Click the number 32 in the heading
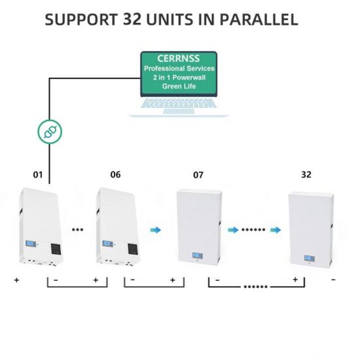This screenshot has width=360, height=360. pyautogui.click(x=132, y=19)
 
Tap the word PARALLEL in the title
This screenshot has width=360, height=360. pyautogui.click(x=259, y=19)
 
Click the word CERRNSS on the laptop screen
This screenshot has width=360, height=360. pyautogui.click(x=179, y=58)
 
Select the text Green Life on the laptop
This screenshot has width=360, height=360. pyautogui.click(x=179, y=86)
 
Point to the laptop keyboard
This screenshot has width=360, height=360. pyautogui.click(x=179, y=103)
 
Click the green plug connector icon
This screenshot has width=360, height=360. pyautogui.click(x=50, y=132)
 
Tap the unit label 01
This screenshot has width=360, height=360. pyautogui.click(x=38, y=175)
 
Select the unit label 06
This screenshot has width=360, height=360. pyautogui.click(x=115, y=175)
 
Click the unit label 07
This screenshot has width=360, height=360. pyautogui.click(x=198, y=175)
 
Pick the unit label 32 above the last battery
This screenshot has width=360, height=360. pyautogui.click(x=306, y=175)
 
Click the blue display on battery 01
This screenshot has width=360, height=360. pyautogui.click(x=30, y=243)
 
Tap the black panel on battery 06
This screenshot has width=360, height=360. pyautogui.click(x=133, y=249)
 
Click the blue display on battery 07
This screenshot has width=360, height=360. pyautogui.click(x=198, y=255)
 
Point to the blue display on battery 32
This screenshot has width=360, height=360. pyautogui.click(x=309, y=259)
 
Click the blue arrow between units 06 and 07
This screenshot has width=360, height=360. pyautogui.click(x=156, y=230)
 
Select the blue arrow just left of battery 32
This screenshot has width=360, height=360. pyautogui.click(x=276, y=230)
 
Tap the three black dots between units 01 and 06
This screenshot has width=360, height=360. pyautogui.click(x=78, y=230)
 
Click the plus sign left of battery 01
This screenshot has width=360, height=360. pyautogui.click(x=16, y=280)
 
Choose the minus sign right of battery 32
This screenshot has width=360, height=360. pyautogui.click(x=333, y=279)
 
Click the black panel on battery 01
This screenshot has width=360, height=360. pyautogui.click(x=56, y=249)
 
